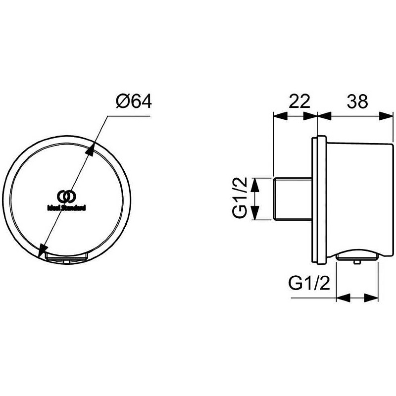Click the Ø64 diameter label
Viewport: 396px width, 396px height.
(x=134, y=101)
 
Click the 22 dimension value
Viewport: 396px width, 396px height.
(x=299, y=101)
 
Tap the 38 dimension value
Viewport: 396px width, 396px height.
(x=357, y=101)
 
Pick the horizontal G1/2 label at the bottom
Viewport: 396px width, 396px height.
(x=309, y=283)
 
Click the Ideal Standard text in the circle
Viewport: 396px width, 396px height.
(x=67, y=208)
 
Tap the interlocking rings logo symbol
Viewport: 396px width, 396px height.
(x=67, y=197)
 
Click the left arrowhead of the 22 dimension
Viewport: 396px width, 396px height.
(x=281, y=116)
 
